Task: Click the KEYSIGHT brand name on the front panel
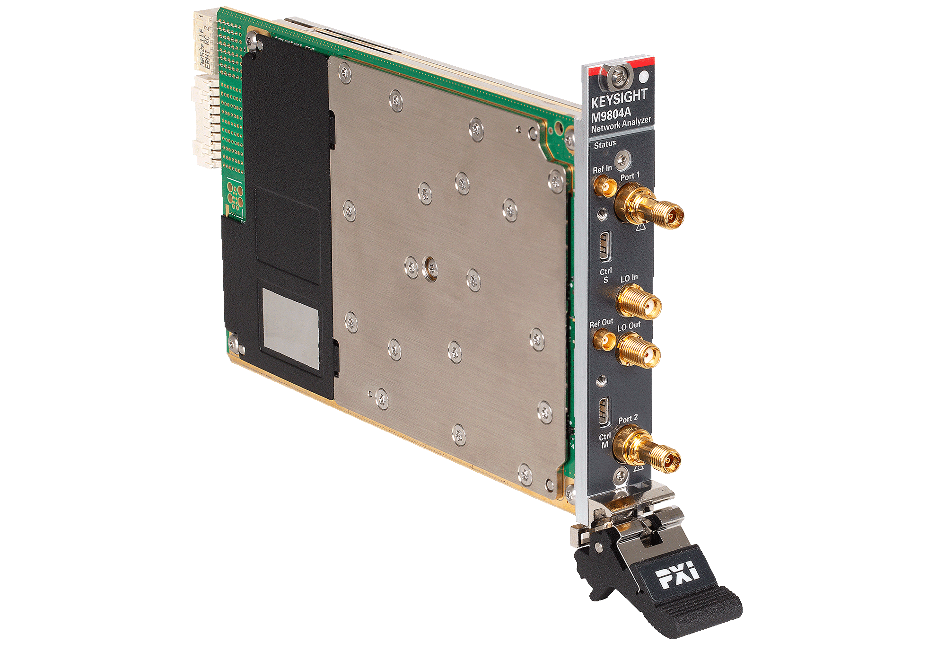coord(619,99)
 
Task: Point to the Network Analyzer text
coord(621,125)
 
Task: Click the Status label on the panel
coord(604,144)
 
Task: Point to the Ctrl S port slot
coord(605,246)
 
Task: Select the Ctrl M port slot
coord(604,412)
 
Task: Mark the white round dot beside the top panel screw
coord(643,77)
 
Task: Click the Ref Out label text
coord(601,324)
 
